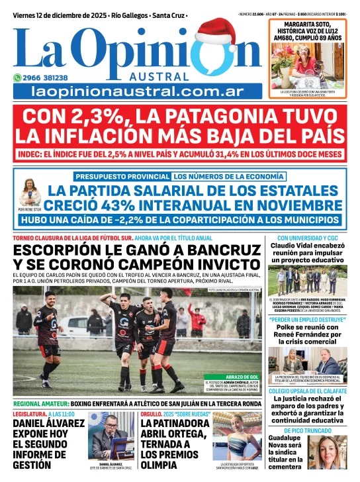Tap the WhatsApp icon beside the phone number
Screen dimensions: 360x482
pyautogui.click(x=18, y=77)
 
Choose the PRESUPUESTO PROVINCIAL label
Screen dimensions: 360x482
pyautogui.click(x=122, y=177)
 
